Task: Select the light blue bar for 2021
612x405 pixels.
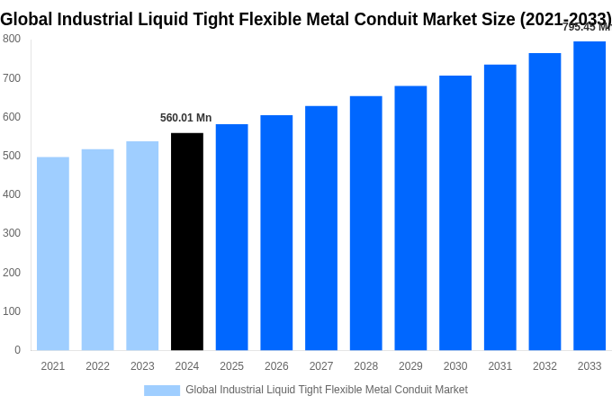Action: (53, 254)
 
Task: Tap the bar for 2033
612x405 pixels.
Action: (589, 195)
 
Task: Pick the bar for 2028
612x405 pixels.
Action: (366, 223)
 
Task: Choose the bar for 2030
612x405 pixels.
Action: (455, 212)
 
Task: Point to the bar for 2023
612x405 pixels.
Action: (142, 246)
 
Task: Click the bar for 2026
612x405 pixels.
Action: (276, 232)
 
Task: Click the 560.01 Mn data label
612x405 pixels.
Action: (186, 118)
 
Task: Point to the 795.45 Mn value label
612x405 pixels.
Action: (586, 27)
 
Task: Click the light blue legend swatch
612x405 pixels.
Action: (162, 390)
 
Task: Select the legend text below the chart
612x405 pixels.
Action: (327, 390)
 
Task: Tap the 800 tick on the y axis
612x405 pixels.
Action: (12, 39)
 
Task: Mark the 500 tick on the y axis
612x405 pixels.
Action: (12, 156)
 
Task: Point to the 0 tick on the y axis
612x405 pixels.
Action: (17, 350)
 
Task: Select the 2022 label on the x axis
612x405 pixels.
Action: (97, 366)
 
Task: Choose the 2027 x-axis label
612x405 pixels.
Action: (321, 366)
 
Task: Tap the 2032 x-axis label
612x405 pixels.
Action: (544, 366)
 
